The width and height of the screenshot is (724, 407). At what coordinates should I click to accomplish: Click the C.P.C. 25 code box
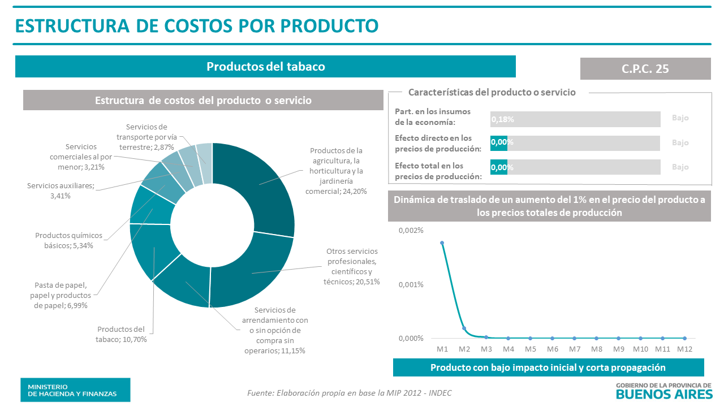[x=645, y=68]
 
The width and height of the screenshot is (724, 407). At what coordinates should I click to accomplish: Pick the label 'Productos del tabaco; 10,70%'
[x=120, y=334]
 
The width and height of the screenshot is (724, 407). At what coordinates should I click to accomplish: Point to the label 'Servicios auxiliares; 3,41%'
[x=61, y=190]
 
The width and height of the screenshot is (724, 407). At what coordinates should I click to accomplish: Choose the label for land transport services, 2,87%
[x=146, y=137]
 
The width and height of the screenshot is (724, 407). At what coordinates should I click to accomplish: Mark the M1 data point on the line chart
[x=442, y=243]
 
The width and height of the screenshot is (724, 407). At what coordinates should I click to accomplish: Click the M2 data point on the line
[x=464, y=328]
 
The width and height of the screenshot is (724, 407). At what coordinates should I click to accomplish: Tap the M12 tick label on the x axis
[x=685, y=349]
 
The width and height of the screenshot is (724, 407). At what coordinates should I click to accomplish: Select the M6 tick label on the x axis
[x=553, y=349]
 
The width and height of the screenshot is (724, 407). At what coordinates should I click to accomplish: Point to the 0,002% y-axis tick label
[x=411, y=231]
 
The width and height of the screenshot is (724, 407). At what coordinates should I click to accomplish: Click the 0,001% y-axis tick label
[x=411, y=284]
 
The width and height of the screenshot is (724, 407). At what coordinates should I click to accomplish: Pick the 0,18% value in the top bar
[x=503, y=120]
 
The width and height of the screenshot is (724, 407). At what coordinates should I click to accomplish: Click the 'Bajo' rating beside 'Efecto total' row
[x=680, y=167]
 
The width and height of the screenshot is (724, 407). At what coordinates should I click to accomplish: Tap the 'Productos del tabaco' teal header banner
[x=265, y=66]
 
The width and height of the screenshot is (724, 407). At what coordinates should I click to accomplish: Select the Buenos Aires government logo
[x=663, y=390]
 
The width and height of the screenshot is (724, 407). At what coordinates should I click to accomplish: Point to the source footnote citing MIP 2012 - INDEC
[x=350, y=393]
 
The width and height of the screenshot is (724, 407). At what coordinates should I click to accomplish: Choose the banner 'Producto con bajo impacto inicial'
[x=548, y=367]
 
